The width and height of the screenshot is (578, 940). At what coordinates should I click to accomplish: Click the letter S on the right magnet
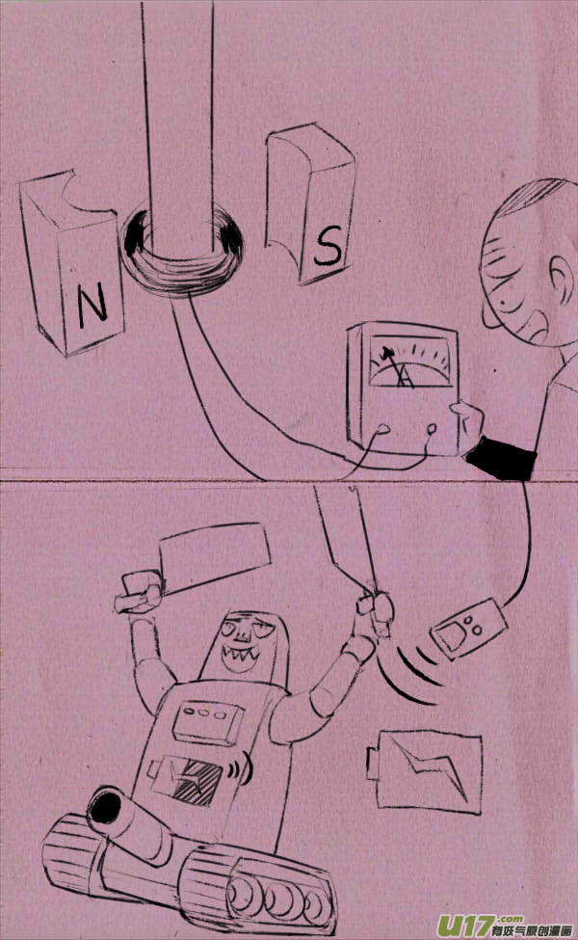click(x=328, y=249)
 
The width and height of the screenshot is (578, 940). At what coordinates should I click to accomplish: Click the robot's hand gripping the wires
click(x=373, y=609)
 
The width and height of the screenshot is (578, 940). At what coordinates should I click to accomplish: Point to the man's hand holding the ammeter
click(x=468, y=424)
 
